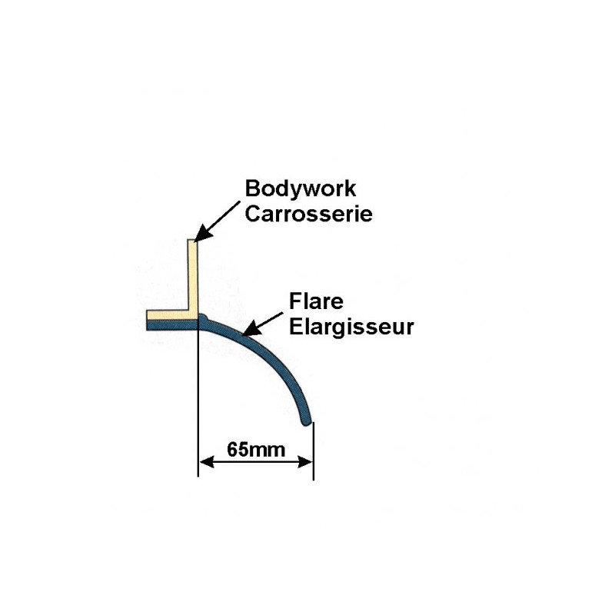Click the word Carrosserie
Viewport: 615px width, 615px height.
308,213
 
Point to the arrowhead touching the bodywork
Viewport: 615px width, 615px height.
199,237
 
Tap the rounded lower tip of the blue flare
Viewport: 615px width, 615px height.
307,421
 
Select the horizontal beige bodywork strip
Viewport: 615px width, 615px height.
169,316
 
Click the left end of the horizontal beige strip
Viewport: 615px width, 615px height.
147,316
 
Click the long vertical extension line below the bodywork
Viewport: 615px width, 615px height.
198,400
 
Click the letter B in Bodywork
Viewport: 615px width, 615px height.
251,189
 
